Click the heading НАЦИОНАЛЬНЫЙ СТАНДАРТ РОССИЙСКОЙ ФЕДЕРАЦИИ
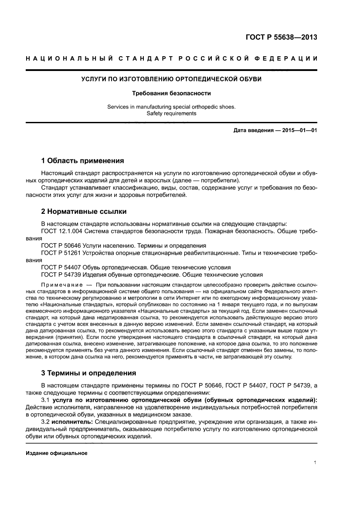click(171, 58)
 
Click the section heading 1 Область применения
click(82, 160)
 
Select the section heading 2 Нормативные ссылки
click(84, 212)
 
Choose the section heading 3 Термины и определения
click(88, 373)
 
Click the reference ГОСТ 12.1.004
click(61, 231)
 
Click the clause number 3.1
click(46, 400)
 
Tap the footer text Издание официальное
click(57, 453)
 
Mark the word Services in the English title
click(119, 107)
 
